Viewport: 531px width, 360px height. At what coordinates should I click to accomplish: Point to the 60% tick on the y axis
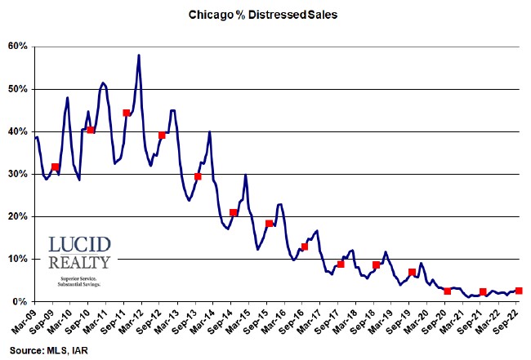pos(18,47)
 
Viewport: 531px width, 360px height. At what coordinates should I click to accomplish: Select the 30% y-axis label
pos(18,174)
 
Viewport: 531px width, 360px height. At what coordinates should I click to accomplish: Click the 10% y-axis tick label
pos(18,259)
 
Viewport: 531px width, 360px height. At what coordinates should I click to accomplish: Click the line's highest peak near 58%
pos(139,56)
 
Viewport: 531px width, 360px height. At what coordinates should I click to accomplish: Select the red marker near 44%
pos(127,113)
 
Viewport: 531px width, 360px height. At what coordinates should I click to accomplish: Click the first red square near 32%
pos(55,167)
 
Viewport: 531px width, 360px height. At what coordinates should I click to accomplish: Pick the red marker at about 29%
pos(198,176)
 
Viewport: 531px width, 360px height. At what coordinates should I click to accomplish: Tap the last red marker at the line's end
pos(519,291)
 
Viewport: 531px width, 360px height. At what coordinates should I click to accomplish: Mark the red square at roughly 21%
pos(234,213)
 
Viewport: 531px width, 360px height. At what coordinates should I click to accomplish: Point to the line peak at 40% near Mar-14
pos(210,132)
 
